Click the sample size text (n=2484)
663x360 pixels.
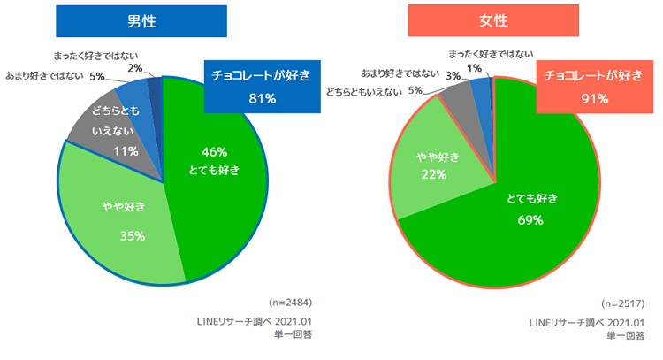point(289,302)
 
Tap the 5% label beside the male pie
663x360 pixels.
point(97,77)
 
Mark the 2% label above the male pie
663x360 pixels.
point(134,67)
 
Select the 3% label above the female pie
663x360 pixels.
point(452,77)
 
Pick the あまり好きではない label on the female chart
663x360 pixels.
point(406,73)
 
